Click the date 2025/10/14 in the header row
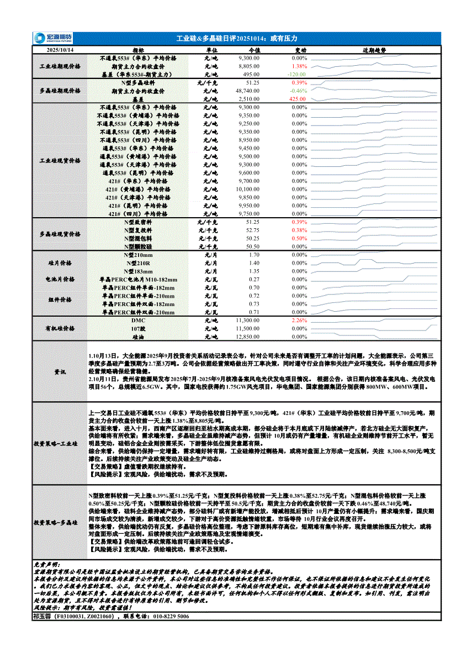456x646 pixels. coord(60,50)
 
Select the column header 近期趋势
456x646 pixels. coord(374,50)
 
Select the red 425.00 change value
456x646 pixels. coord(298,99)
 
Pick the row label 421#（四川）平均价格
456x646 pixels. coord(137,214)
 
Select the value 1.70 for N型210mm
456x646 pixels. coord(254,255)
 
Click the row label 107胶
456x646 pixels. coord(138,328)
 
